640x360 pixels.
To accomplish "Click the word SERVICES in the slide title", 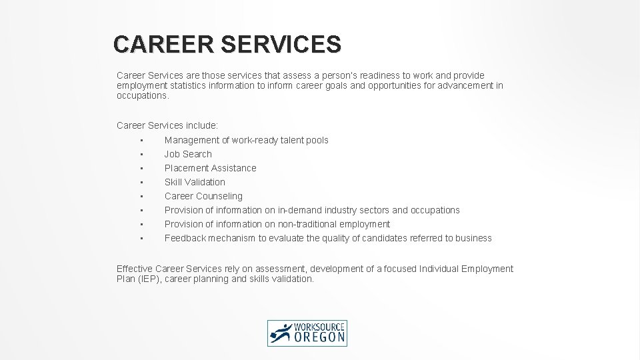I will pos(280,44).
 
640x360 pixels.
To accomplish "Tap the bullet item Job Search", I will pos(188,154).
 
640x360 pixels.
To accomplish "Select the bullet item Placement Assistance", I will pos(210,168).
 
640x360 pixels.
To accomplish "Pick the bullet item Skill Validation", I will pos(195,182).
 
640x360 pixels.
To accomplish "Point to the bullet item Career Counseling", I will pos(203,196).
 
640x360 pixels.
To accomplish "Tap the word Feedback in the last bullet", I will pos(185,238).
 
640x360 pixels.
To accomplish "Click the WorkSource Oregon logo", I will pos(307,333).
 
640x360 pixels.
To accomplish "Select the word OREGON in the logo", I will pos(321,338).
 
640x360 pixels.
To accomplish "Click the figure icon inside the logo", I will pos(281,333).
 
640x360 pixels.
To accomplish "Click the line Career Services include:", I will pos(167,125).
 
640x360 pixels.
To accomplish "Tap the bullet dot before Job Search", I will pos(142,154).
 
